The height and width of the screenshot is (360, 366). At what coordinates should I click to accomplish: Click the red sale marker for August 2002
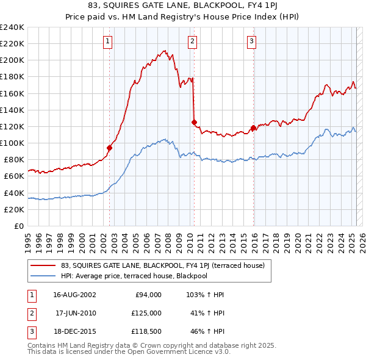click(110, 148)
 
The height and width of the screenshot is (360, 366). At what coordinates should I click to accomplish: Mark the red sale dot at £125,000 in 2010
click(194, 122)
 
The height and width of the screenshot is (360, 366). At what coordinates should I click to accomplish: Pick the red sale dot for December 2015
click(253, 128)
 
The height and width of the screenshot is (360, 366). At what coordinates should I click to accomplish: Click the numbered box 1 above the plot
click(107, 41)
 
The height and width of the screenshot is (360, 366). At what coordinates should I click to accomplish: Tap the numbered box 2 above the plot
click(192, 41)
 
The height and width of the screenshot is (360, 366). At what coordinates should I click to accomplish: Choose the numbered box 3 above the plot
click(251, 41)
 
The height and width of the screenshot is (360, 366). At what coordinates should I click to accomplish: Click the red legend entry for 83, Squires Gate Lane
click(162, 265)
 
